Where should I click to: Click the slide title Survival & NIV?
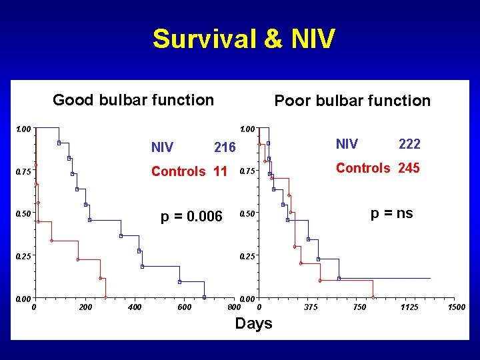[x=243, y=39]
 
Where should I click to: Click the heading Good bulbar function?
[x=133, y=100]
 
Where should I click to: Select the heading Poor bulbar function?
[x=353, y=101]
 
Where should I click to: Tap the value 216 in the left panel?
[x=225, y=147]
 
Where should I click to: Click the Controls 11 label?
[x=189, y=171]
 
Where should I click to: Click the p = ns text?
[x=391, y=213]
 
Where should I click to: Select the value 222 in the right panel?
[x=409, y=144]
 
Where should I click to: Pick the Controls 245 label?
[x=377, y=168]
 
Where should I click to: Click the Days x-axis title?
[x=253, y=323]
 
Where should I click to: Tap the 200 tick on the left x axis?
[x=85, y=307]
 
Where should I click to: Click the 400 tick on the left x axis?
[x=135, y=307]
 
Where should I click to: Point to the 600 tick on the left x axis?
[x=184, y=307]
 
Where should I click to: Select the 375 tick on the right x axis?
[x=311, y=307]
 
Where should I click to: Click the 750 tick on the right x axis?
[x=360, y=307]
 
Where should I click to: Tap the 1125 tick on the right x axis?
[x=409, y=307]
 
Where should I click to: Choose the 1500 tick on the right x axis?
[x=457, y=307]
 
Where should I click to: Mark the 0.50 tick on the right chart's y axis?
[x=247, y=214]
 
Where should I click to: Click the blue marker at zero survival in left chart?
[x=205, y=297]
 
